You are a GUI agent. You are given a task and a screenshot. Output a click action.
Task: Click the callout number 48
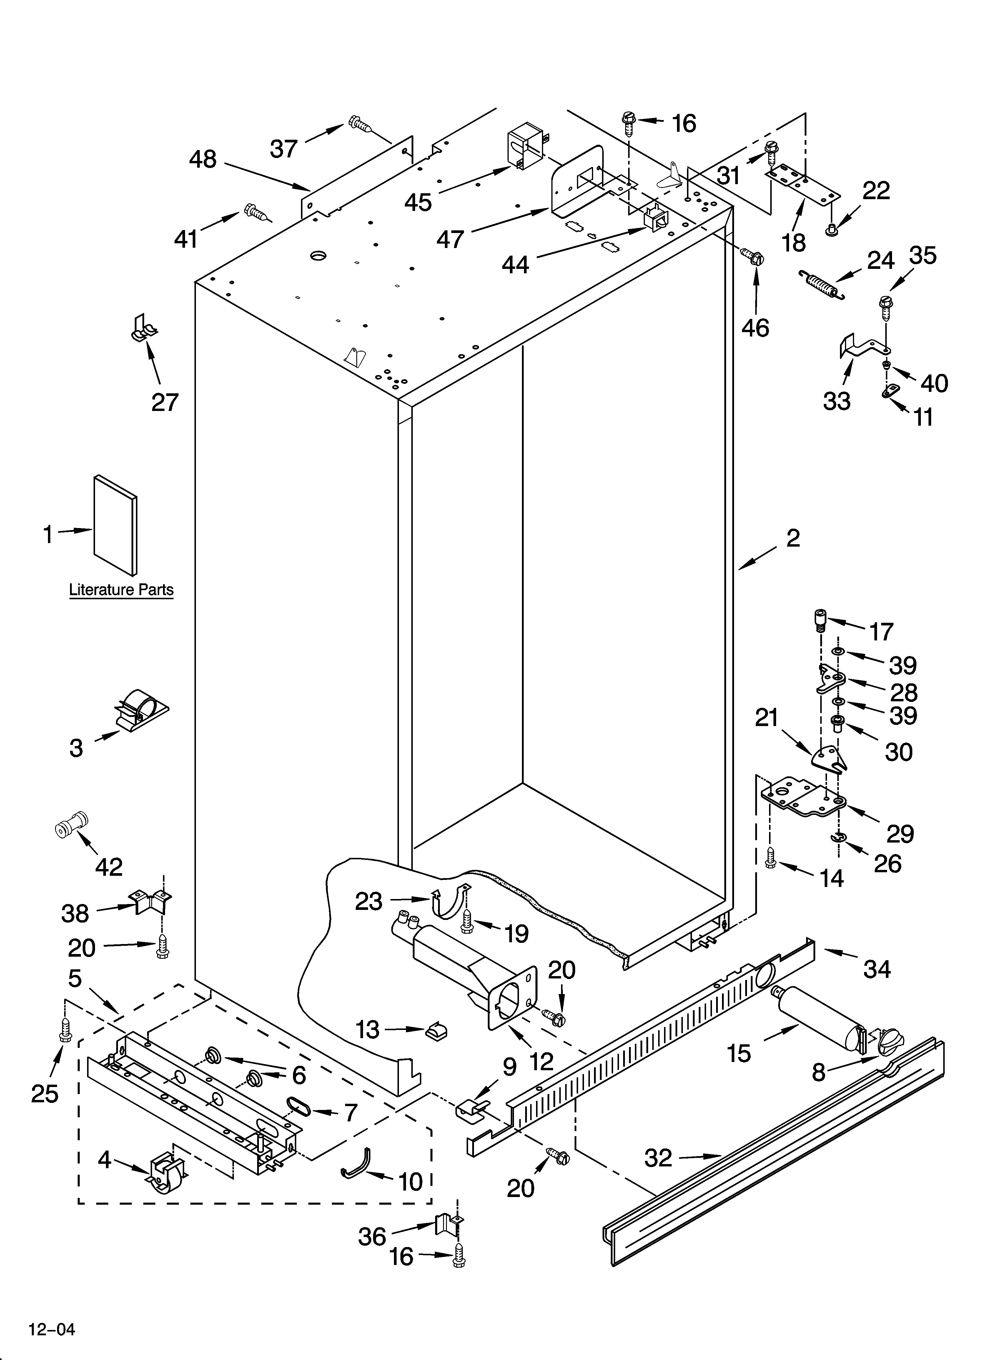pyautogui.click(x=203, y=159)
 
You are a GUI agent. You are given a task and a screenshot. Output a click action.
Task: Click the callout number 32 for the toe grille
pyautogui.click(x=658, y=1158)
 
